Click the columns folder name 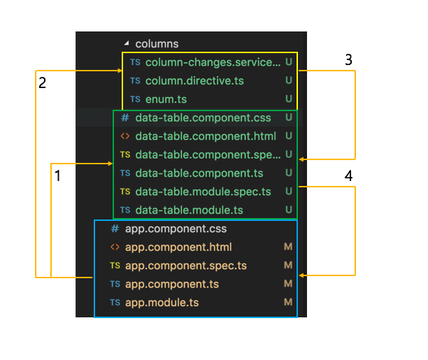(x=157, y=44)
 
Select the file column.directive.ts (x=194, y=81)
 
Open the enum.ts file (x=166, y=99)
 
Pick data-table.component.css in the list (x=203, y=118)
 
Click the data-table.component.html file (x=206, y=136)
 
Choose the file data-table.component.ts (x=199, y=173)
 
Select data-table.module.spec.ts (x=203, y=192)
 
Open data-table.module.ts (x=189, y=210)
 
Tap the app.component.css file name (x=176, y=229)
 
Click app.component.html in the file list (x=178, y=247)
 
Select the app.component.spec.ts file (x=186, y=266)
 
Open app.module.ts (x=162, y=303)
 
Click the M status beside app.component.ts (x=288, y=284)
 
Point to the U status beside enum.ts (x=289, y=99)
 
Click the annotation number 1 (x=57, y=175)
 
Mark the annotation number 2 (x=42, y=82)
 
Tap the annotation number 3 (x=348, y=60)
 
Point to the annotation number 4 (x=348, y=175)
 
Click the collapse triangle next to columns (x=127, y=43)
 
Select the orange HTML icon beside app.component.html (x=115, y=247)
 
